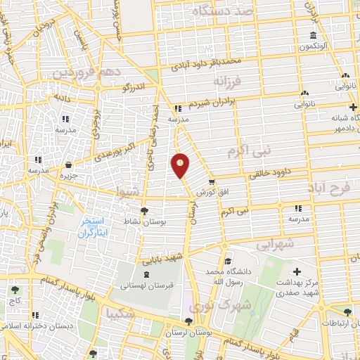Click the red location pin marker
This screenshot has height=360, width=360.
click(x=181, y=165)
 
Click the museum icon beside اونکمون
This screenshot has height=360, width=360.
click(x=313, y=37)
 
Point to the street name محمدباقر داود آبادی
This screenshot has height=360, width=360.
click(x=206, y=64)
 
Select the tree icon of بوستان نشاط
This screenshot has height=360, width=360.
click(x=144, y=210)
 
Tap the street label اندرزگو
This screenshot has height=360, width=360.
click(x=134, y=87)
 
